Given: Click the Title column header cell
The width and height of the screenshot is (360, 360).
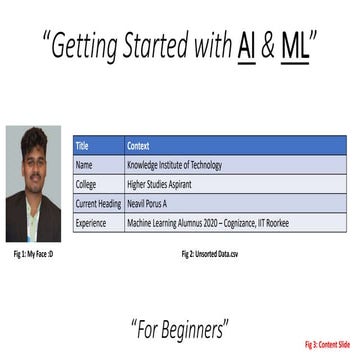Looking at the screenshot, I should tap(98, 146).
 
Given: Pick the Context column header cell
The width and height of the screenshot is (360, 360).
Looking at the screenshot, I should tap(235, 146).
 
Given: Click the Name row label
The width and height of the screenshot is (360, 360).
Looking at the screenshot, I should tap(98, 165).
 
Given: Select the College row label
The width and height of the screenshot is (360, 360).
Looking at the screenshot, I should tap(98, 185).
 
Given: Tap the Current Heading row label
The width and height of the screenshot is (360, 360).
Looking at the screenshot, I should tap(98, 204).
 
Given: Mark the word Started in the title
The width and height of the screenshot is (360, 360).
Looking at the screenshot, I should tap(159, 45).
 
